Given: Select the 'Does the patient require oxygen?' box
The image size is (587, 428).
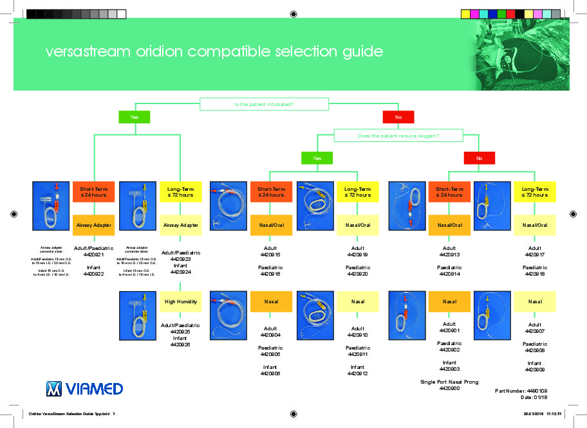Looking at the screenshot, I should [398, 136].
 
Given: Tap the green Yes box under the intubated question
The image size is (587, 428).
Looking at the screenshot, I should [135, 117].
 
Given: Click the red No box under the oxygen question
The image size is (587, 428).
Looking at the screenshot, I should [479, 157].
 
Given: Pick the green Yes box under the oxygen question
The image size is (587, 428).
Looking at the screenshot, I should [317, 157].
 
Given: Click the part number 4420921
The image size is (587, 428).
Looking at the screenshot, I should [94, 255].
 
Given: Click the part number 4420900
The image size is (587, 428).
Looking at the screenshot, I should [450, 389].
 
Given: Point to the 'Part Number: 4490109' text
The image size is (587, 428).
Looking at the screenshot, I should [521, 390].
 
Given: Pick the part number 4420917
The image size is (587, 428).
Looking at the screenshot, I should [535, 255].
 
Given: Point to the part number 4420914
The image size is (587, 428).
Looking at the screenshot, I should [449, 274].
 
